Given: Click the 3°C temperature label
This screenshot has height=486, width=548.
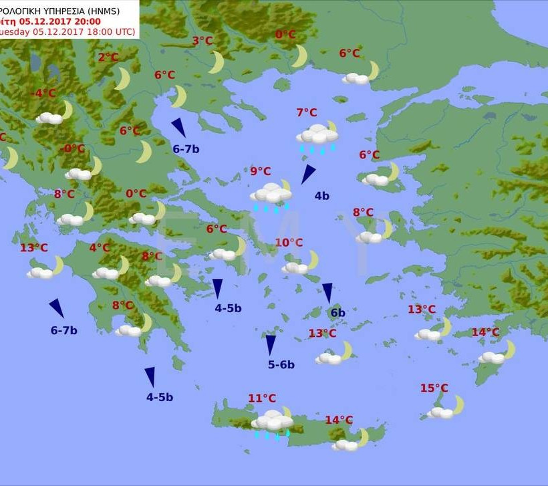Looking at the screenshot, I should pyautogui.click(x=202, y=41).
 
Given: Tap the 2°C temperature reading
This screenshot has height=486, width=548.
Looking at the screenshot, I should pyautogui.click(x=108, y=57).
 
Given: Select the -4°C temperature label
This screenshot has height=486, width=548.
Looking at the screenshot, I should pyautogui.click(x=44, y=93).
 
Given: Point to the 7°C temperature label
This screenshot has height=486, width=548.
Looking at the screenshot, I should pyautogui.click(x=307, y=112).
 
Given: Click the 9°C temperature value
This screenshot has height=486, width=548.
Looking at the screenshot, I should pyautogui.click(x=261, y=171).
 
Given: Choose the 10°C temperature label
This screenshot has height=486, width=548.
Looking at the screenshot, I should pyautogui.click(x=289, y=243).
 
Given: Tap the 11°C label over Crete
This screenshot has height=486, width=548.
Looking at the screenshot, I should pyautogui.click(x=262, y=398).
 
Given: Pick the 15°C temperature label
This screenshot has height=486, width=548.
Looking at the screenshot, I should pyautogui.click(x=434, y=388).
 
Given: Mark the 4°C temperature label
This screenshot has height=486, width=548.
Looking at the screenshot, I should pyautogui.click(x=100, y=247).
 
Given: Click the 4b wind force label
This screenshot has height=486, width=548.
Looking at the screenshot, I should pyautogui.click(x=322, y=196).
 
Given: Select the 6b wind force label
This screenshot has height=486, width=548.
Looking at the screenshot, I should pyautogui.click(x=337, y=313).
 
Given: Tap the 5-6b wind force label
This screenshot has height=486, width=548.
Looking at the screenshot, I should pyautogui.click(x=281, y=364).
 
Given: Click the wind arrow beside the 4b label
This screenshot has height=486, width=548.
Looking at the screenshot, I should pyautogui.click(x=307, y=174).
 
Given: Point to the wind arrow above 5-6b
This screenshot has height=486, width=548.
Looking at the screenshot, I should pyautogui.click(x=271, y=344).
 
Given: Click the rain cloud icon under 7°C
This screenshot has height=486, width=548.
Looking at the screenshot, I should pyautogui.click(x=317, y=137).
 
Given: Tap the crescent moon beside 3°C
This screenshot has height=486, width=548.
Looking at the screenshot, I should pyautogui.click(x=217, y=62).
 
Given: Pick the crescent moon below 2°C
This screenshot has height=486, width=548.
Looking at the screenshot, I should pyautogui.click(x=122, y=78).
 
